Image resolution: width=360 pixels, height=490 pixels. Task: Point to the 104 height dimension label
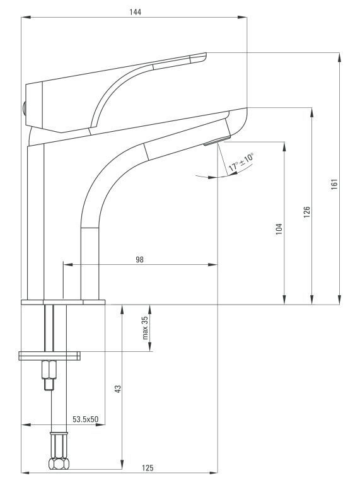(279, 229)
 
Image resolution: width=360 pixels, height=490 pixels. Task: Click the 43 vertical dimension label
(117, 389)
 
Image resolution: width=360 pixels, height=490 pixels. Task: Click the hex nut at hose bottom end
(58, 464)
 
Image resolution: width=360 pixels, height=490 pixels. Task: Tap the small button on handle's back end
(23, 108)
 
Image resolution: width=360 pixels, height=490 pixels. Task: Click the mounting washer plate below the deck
(50, 355)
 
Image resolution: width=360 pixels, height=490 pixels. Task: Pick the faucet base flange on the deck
(62, 302)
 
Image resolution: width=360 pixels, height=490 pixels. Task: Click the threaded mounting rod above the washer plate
(54, 328)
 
